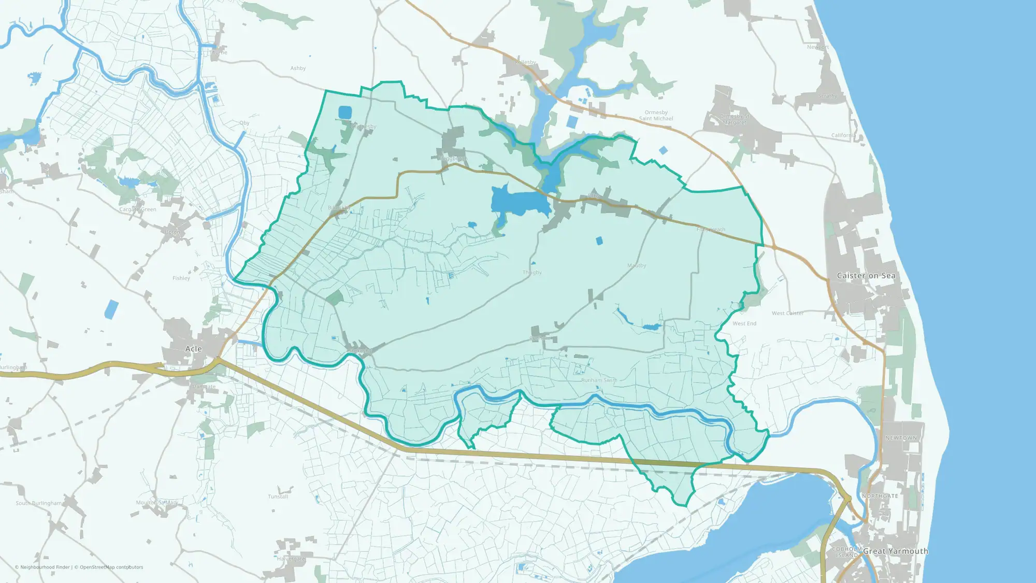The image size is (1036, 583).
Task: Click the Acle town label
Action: pyautogui.click(x=194, y=349)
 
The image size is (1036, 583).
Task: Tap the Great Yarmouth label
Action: pyautogui.click(x=895, y=551)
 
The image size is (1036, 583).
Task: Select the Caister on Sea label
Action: pyautogui.click(x=866, y=276)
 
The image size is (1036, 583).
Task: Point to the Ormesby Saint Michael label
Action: pyautogui.click(x=656, y=116)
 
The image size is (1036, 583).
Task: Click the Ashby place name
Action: pyautogui.click(x=298, y=68)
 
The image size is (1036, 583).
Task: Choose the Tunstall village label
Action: pyautogui.click(x=278, y=496)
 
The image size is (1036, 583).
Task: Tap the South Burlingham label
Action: pyautogui.click(x=39, y=503)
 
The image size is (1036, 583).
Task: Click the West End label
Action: pyautogui.click(x=744, y=323)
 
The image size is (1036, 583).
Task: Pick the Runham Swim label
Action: pyautogui.click(x=599, y=380)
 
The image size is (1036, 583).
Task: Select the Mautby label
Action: pyautogui.click(x=637, y=265)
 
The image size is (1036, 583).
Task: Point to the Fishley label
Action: pyautogui.click(x=181, y=278)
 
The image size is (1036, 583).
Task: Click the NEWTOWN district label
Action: pyautogui.click(x=901, y=438)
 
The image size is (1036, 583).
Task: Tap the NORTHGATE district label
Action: pyautogui.click(x=880, y=496)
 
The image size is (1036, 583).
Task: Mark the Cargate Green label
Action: pyautogui.click(x=138, y=209)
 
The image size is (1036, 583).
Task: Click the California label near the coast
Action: pyautogui.click(x=844, y=135)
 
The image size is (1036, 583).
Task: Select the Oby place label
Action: pyautogui.click(x=244, y=123)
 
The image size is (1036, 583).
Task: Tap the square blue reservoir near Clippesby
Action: pyautogui.click(x=344, y=112)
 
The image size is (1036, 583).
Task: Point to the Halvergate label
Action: pyautogui.click(x=291, y=559)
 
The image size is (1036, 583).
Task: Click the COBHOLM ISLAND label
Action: pyautogui.click(x=846, y=552)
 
